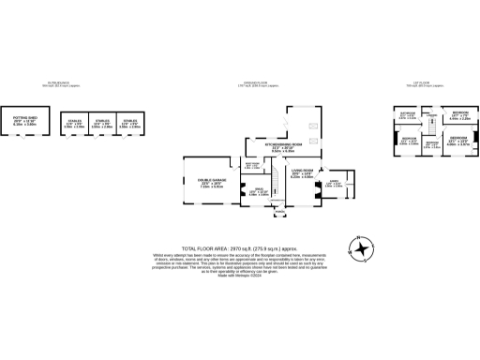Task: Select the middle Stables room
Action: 102,123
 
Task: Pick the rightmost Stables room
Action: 130,123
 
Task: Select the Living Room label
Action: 301,174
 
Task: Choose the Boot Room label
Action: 252,165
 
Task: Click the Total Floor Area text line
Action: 240,238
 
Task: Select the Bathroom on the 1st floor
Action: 408,116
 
